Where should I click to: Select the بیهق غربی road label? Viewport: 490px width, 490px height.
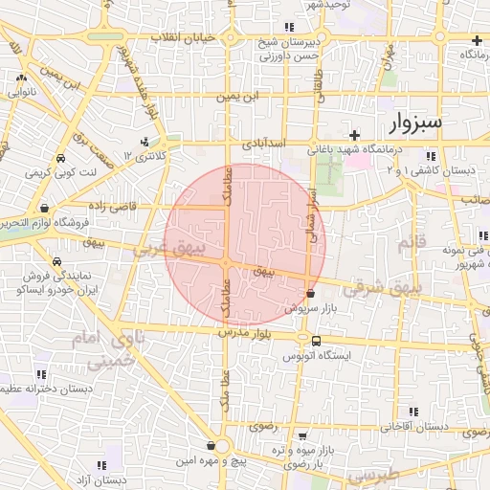coord(170,250)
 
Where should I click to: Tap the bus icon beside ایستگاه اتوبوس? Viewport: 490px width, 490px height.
coord(316,341)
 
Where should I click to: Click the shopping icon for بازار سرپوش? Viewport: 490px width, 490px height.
coord(310,295)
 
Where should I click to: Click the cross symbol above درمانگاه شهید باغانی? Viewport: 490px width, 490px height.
coord(354,135)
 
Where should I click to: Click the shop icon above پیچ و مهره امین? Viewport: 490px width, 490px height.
coord(211,445)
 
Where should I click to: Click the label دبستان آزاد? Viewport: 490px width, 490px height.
coord(105,479)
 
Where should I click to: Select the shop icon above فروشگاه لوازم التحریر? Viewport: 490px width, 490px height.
coord(44,208)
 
